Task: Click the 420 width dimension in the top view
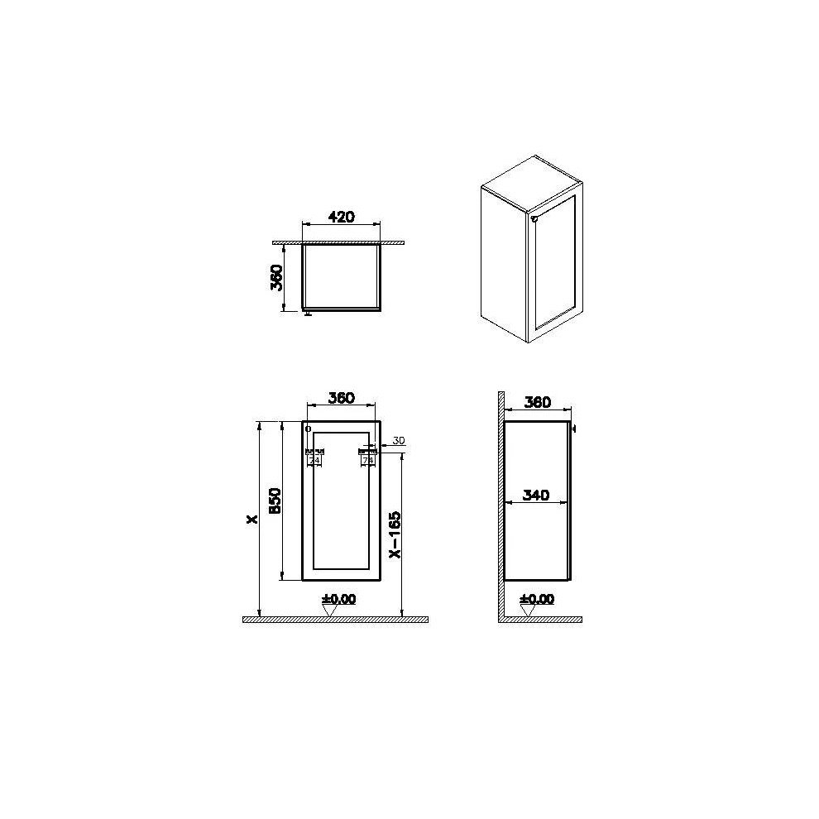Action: click(x=341, y=217)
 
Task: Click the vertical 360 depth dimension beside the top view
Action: click(x=278, y=277)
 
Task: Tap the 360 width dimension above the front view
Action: click(x=341, y=398)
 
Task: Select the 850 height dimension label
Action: click(x=276, y=500)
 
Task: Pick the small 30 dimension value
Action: click(x=398, y=440)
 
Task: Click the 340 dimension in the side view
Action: click(x=537, y=496)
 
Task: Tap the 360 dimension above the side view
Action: click(x=537, y=403)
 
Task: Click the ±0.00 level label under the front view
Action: click(x=339, y=599)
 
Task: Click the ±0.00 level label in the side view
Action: click(x=537, y=599)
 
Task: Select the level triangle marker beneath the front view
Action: click(x=330, y=611)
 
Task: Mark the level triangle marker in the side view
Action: click(x=528, y=611)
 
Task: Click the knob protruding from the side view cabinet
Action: click(x=573, y=429)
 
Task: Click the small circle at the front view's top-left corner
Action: click(x=309, y=429)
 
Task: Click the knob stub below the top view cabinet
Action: click(x=308, y=313)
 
